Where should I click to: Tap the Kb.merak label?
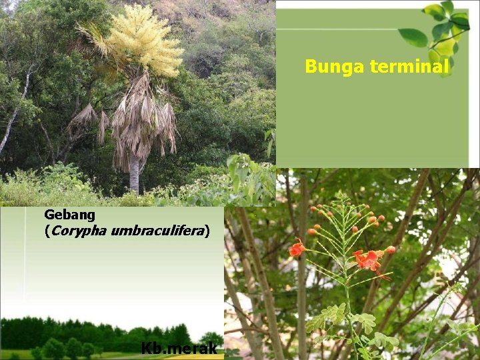pos(179,348)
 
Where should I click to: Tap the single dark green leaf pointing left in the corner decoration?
pos(413,37)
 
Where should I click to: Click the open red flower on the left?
pos(297,249)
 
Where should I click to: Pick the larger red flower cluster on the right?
pos(367,259)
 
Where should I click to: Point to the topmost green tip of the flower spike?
pos(342,196)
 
